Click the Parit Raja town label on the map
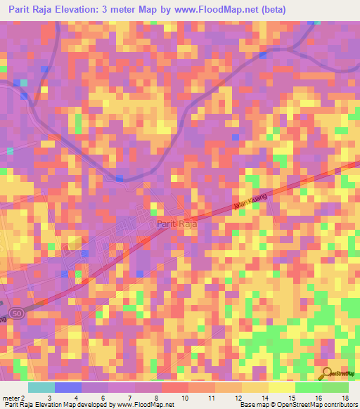176,223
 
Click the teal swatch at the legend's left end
41,387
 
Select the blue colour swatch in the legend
68,387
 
